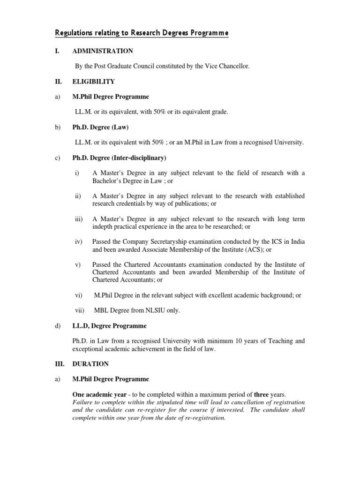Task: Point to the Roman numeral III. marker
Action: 60,364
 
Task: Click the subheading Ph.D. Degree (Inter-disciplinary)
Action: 119,157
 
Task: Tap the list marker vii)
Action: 80,310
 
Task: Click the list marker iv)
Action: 79,241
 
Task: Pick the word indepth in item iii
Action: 103,226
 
